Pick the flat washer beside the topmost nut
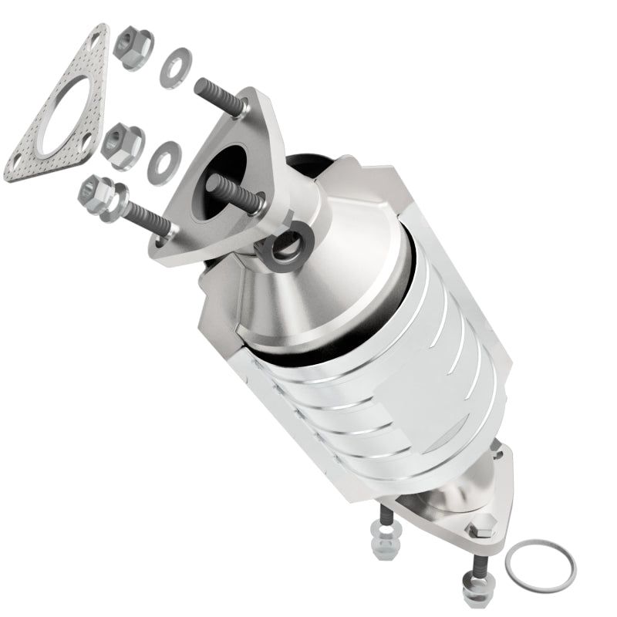(x=176, y=67)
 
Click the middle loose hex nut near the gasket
(x=122, y=144)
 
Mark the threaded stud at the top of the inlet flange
(x=219, y=97)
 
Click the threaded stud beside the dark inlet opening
(x=235, y=193)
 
